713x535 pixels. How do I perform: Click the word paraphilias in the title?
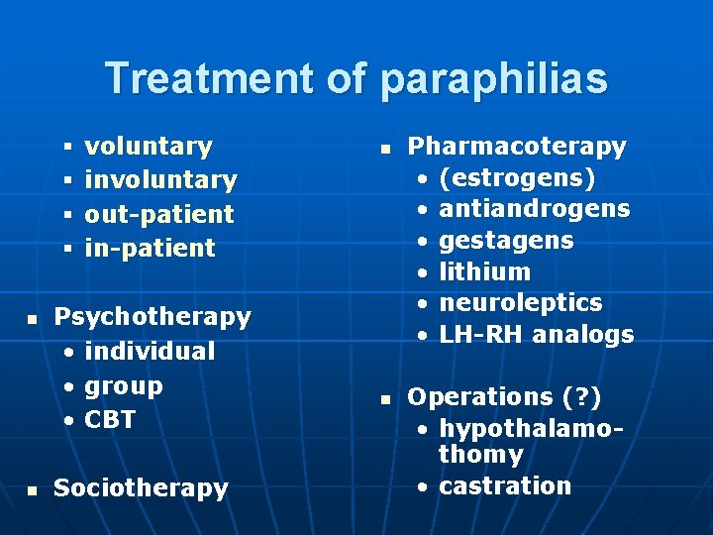493,79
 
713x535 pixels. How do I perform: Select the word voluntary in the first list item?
149,147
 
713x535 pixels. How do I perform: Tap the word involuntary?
160,180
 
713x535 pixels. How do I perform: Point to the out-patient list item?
159,214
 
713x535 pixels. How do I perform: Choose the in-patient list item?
150,248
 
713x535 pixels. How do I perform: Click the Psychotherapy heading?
153,317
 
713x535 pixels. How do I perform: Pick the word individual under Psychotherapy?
150,351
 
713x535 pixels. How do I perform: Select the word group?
124,384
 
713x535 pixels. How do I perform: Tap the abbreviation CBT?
110,419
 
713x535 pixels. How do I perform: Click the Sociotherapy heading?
141,487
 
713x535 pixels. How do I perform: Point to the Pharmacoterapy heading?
517,147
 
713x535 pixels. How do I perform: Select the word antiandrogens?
534,209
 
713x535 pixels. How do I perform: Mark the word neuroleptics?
520,302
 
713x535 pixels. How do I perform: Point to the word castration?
505,485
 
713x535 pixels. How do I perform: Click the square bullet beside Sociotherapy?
32,489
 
